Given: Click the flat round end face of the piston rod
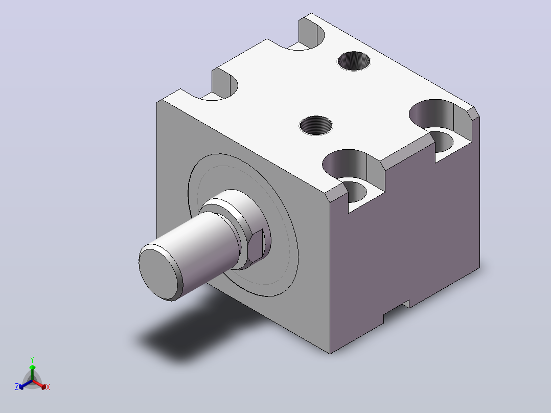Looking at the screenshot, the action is [158, 274].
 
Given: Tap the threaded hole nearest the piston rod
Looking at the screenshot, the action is [316, 125].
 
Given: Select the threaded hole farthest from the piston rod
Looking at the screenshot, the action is [354, 61].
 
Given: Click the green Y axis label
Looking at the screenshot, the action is [32, 359].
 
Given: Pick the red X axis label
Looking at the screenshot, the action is [48, 387].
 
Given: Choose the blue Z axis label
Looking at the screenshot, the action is [17, 387].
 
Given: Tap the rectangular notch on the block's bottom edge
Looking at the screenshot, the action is [397, 311].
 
